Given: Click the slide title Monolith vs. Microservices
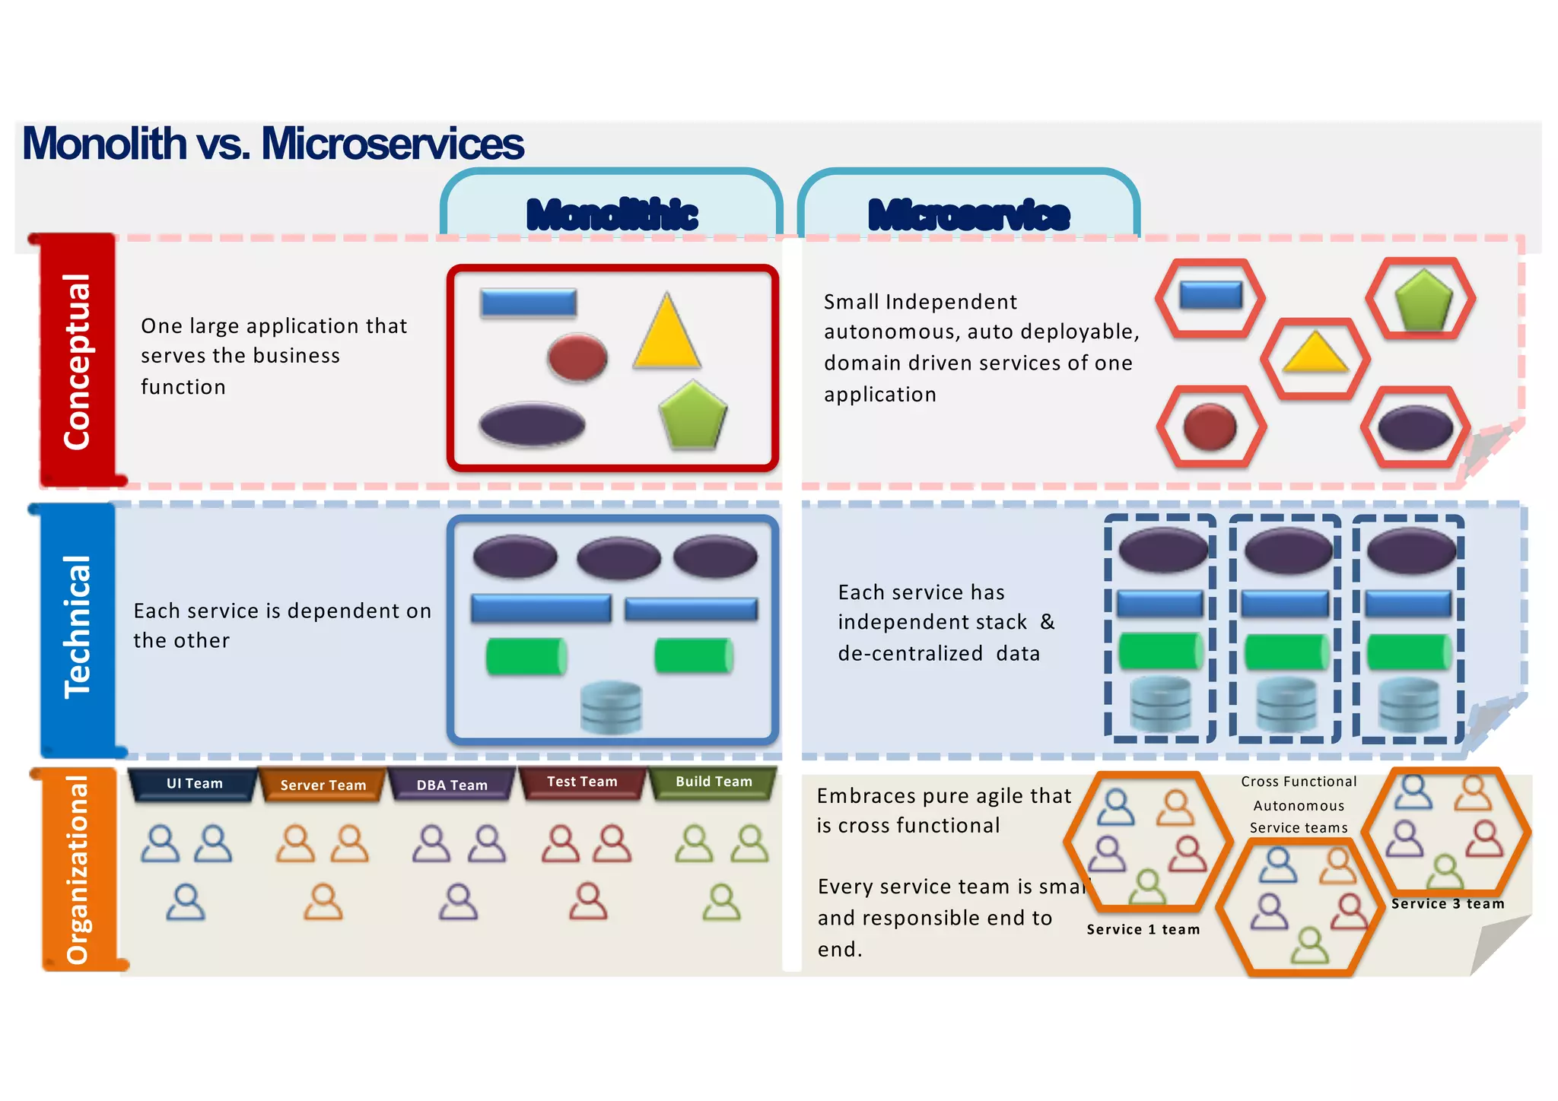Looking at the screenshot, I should (272, 143).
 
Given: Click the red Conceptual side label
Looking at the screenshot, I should (77, 360).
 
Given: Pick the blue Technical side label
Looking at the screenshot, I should (77, 627).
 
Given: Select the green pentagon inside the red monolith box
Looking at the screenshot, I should (692, 415).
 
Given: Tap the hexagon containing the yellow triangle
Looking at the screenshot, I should (1315, 358).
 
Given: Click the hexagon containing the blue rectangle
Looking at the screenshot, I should (1210, 297).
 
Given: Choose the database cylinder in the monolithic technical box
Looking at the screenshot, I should (611, 707).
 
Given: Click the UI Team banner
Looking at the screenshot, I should (194, 784).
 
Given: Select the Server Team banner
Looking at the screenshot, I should (323, 785).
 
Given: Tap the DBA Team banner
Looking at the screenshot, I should (452, 785).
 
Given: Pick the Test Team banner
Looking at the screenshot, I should (582, 782).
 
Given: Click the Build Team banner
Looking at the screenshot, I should (713, 782).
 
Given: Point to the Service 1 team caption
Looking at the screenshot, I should (1143, 929).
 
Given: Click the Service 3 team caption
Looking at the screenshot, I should (1448, 903).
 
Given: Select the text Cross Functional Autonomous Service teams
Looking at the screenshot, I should (1299, 804).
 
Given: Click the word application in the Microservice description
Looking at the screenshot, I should (879, 395).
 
